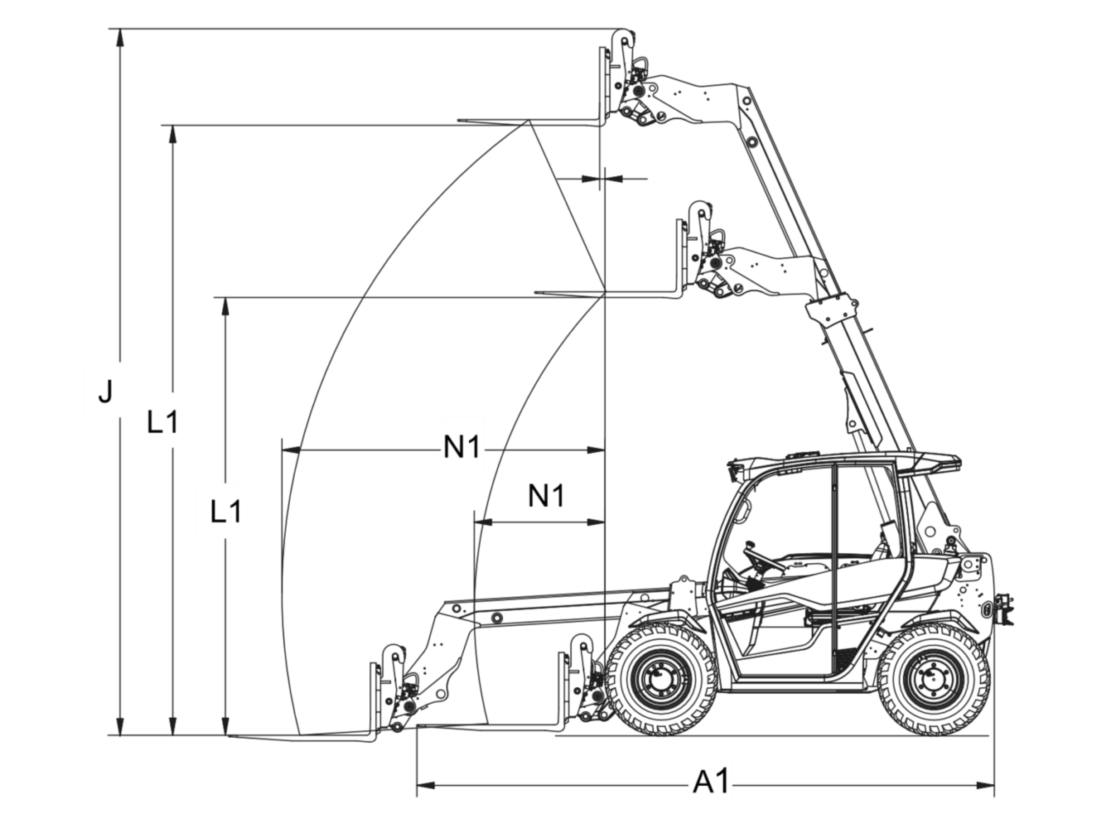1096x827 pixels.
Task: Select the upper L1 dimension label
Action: (x=163, y=422)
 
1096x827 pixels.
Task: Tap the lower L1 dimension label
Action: (x=226, y=512)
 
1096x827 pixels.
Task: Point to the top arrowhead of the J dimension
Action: (x=119, y=38)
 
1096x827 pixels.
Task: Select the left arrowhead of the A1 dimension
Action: (x=426, y=785)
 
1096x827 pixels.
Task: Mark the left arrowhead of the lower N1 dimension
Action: (x=483, y=522)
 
